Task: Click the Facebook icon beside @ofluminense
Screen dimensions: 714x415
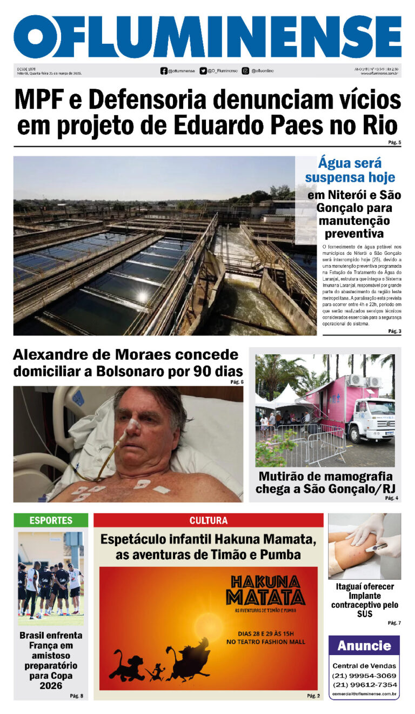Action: pos(164,71)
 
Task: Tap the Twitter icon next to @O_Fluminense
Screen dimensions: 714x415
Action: pos(203,71)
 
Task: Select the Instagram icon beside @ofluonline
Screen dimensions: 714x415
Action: pos(245,71)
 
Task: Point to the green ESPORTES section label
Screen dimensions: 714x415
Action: pos(51,520)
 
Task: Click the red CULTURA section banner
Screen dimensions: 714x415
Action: pos(208,520)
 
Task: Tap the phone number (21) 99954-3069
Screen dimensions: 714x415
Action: pos(364,676)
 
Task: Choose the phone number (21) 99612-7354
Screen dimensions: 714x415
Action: pos(364,685)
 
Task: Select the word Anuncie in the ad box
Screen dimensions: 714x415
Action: pos(364,646)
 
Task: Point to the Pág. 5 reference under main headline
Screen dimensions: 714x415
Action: pos(394,143)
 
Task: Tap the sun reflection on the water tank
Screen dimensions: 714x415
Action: pos(142,297)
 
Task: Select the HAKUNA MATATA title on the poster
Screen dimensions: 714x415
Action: pos(265,590)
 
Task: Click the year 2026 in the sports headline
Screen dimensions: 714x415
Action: pos(51,686)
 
